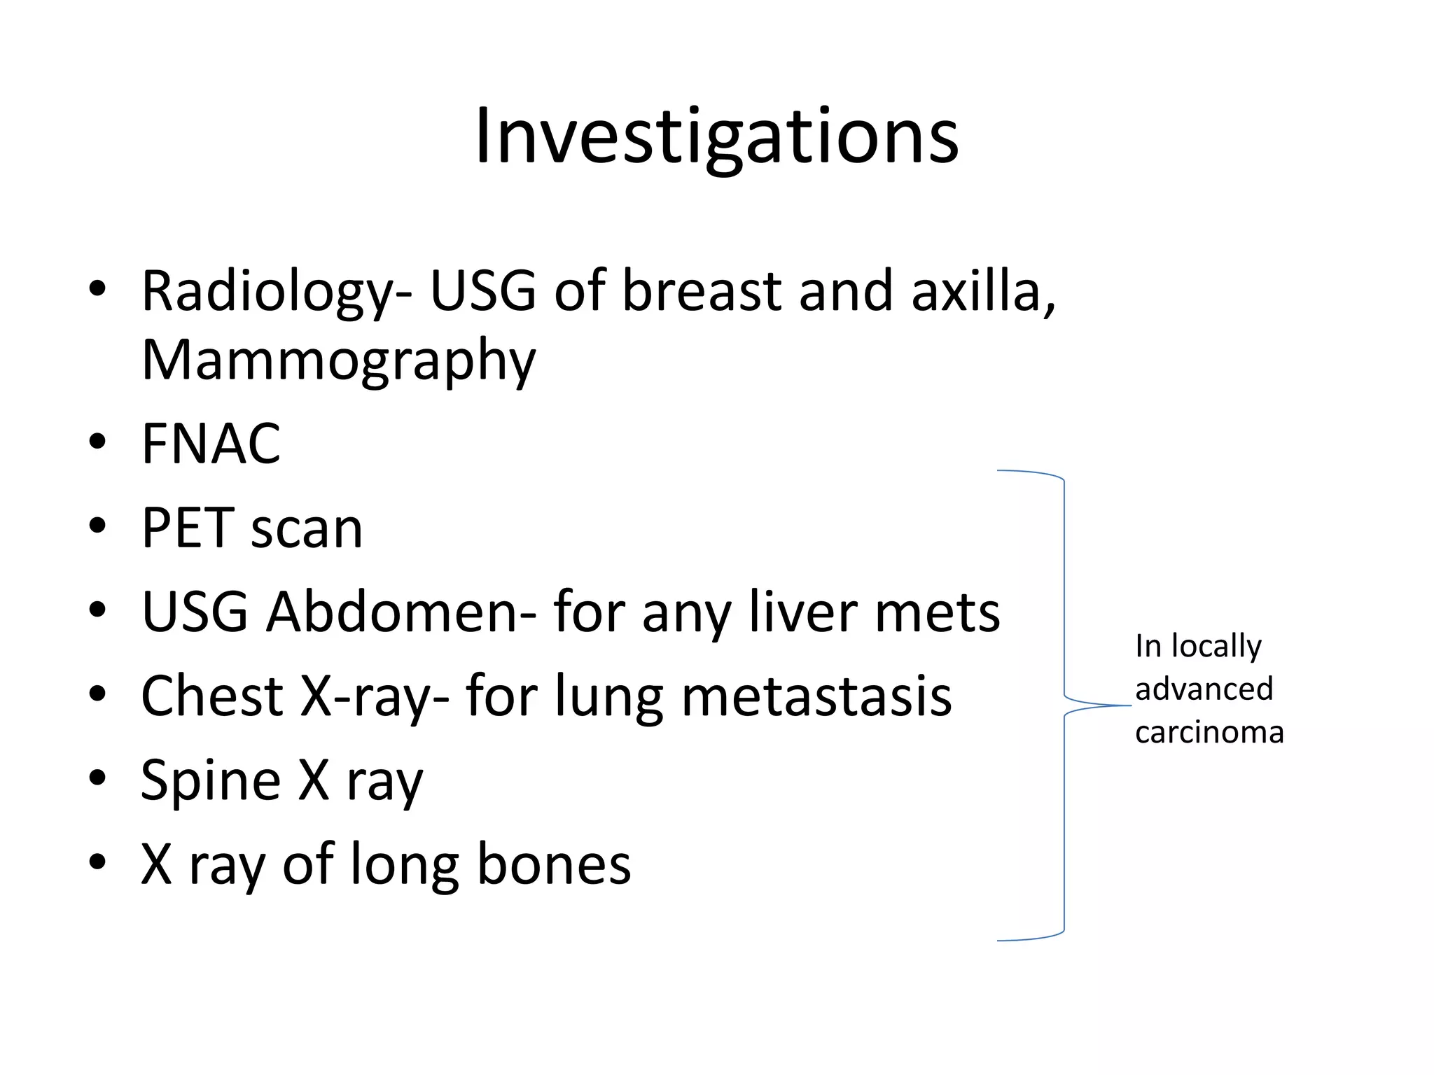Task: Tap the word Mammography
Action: [x=338, y=360]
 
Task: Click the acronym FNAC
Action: [x=211, y=444]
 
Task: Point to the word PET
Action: [x=187, y=528]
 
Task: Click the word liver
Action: [x=803, y=612]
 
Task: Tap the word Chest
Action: [x=212, y=696]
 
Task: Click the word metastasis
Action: [x=816, y=697]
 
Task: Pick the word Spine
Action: [x=211, y=780]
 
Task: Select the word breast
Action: [x=702, y=291]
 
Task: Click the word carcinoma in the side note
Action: [x=1209, y=733]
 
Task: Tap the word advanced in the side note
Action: [x=1204, y=689]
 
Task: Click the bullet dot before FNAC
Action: [x=97, y=442]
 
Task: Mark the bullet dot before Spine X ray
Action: [x=97, y=778]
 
